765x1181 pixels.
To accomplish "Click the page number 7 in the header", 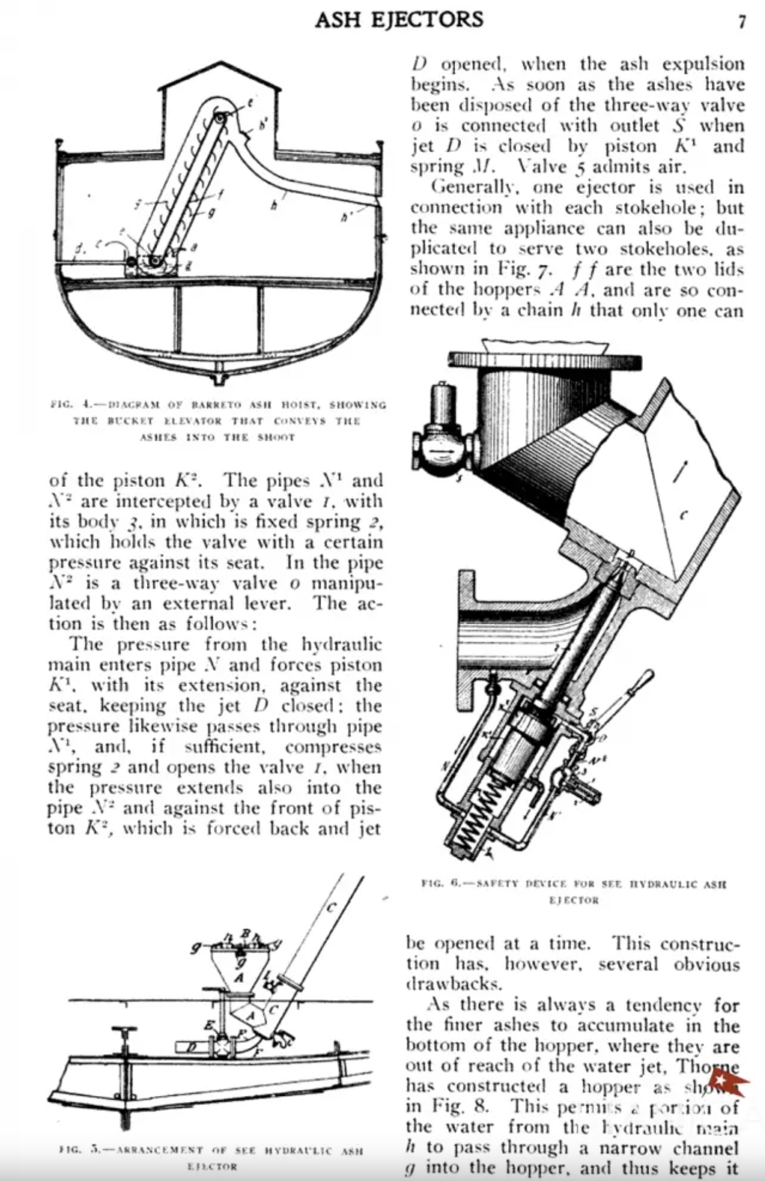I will click(x=742, y=22).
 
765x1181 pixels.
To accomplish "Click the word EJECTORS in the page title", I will click(x=427, y=20).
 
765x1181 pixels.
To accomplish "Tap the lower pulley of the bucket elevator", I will click(x=155, y=261).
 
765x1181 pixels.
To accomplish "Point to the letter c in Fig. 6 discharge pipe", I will click(x=683, y=516).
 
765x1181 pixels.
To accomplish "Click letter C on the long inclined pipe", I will click(x=332, y=906).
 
